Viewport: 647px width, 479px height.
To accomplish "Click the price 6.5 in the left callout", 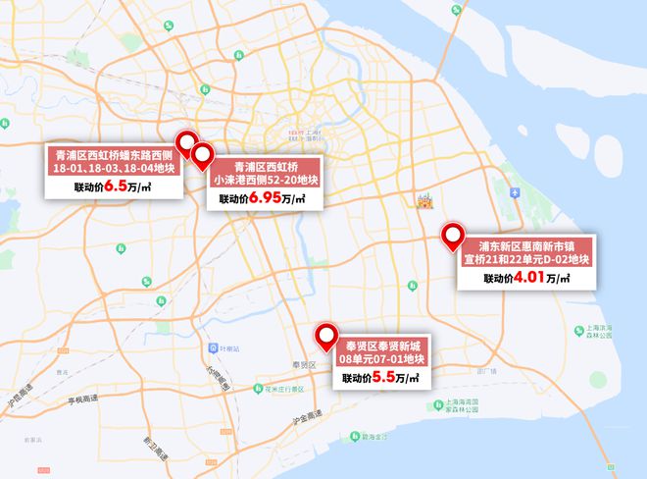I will (x=117, y=185).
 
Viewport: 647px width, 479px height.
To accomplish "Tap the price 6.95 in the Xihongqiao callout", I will (x=264, y=197).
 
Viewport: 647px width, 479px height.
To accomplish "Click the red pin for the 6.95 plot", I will (x=203, y=155).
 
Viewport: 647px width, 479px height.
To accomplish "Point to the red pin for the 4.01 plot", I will (x=453, y=235).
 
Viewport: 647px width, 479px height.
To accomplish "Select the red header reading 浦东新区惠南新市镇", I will (x=527, y=244).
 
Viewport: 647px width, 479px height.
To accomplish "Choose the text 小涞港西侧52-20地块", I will (x=266, y=180).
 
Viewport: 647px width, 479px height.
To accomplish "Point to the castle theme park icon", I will (x=424, y=201).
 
